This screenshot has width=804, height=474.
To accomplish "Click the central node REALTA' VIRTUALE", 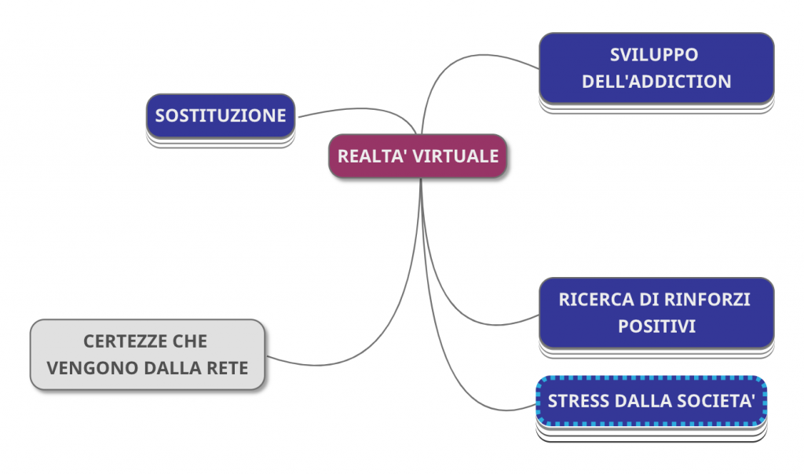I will [418, 156].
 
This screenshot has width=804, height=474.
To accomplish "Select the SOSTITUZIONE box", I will [221, 116].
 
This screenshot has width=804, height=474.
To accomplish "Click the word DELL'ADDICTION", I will [656, 81].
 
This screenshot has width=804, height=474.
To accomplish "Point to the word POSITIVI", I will [656, 326].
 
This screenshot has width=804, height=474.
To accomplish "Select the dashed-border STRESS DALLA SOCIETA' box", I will [651, 401].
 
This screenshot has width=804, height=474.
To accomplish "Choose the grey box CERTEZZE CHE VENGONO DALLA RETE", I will [148, 355].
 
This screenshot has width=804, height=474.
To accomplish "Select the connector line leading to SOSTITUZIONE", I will [353, 109].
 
